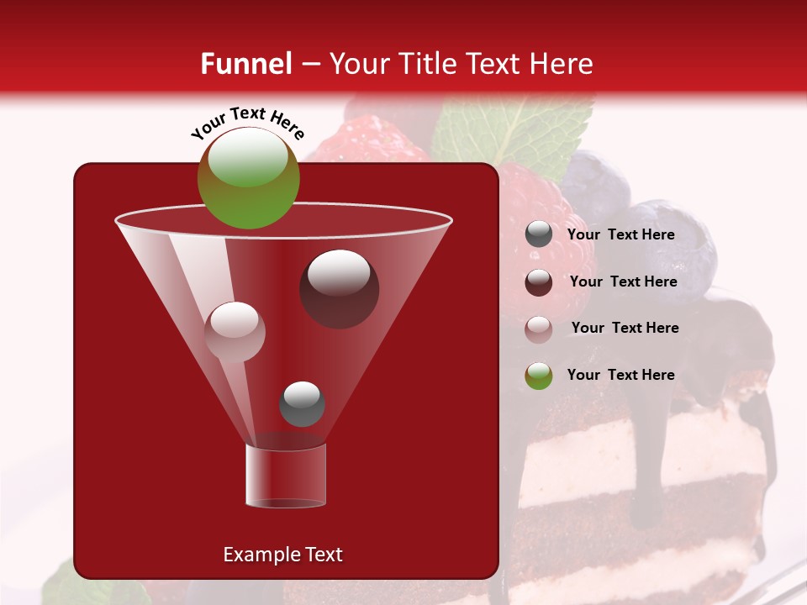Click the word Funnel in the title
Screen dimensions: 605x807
point(246,64)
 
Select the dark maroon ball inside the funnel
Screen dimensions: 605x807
point(339,288)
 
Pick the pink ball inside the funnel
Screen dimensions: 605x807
point(235,331)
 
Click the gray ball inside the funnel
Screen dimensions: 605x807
point(303,403)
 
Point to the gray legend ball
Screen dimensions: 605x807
point(539,234)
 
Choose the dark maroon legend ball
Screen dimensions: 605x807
point(539,282)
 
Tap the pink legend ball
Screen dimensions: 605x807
point(539,329)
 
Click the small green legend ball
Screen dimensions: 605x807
point(539,376)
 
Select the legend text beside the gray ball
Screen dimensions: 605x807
point(620,235)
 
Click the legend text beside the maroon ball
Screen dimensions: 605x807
point(623,282)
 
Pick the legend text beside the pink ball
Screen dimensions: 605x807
point(625,329)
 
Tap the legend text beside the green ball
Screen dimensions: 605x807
point(620,376)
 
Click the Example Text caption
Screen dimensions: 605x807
point(283,555)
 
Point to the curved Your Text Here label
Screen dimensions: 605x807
point(247,121)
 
